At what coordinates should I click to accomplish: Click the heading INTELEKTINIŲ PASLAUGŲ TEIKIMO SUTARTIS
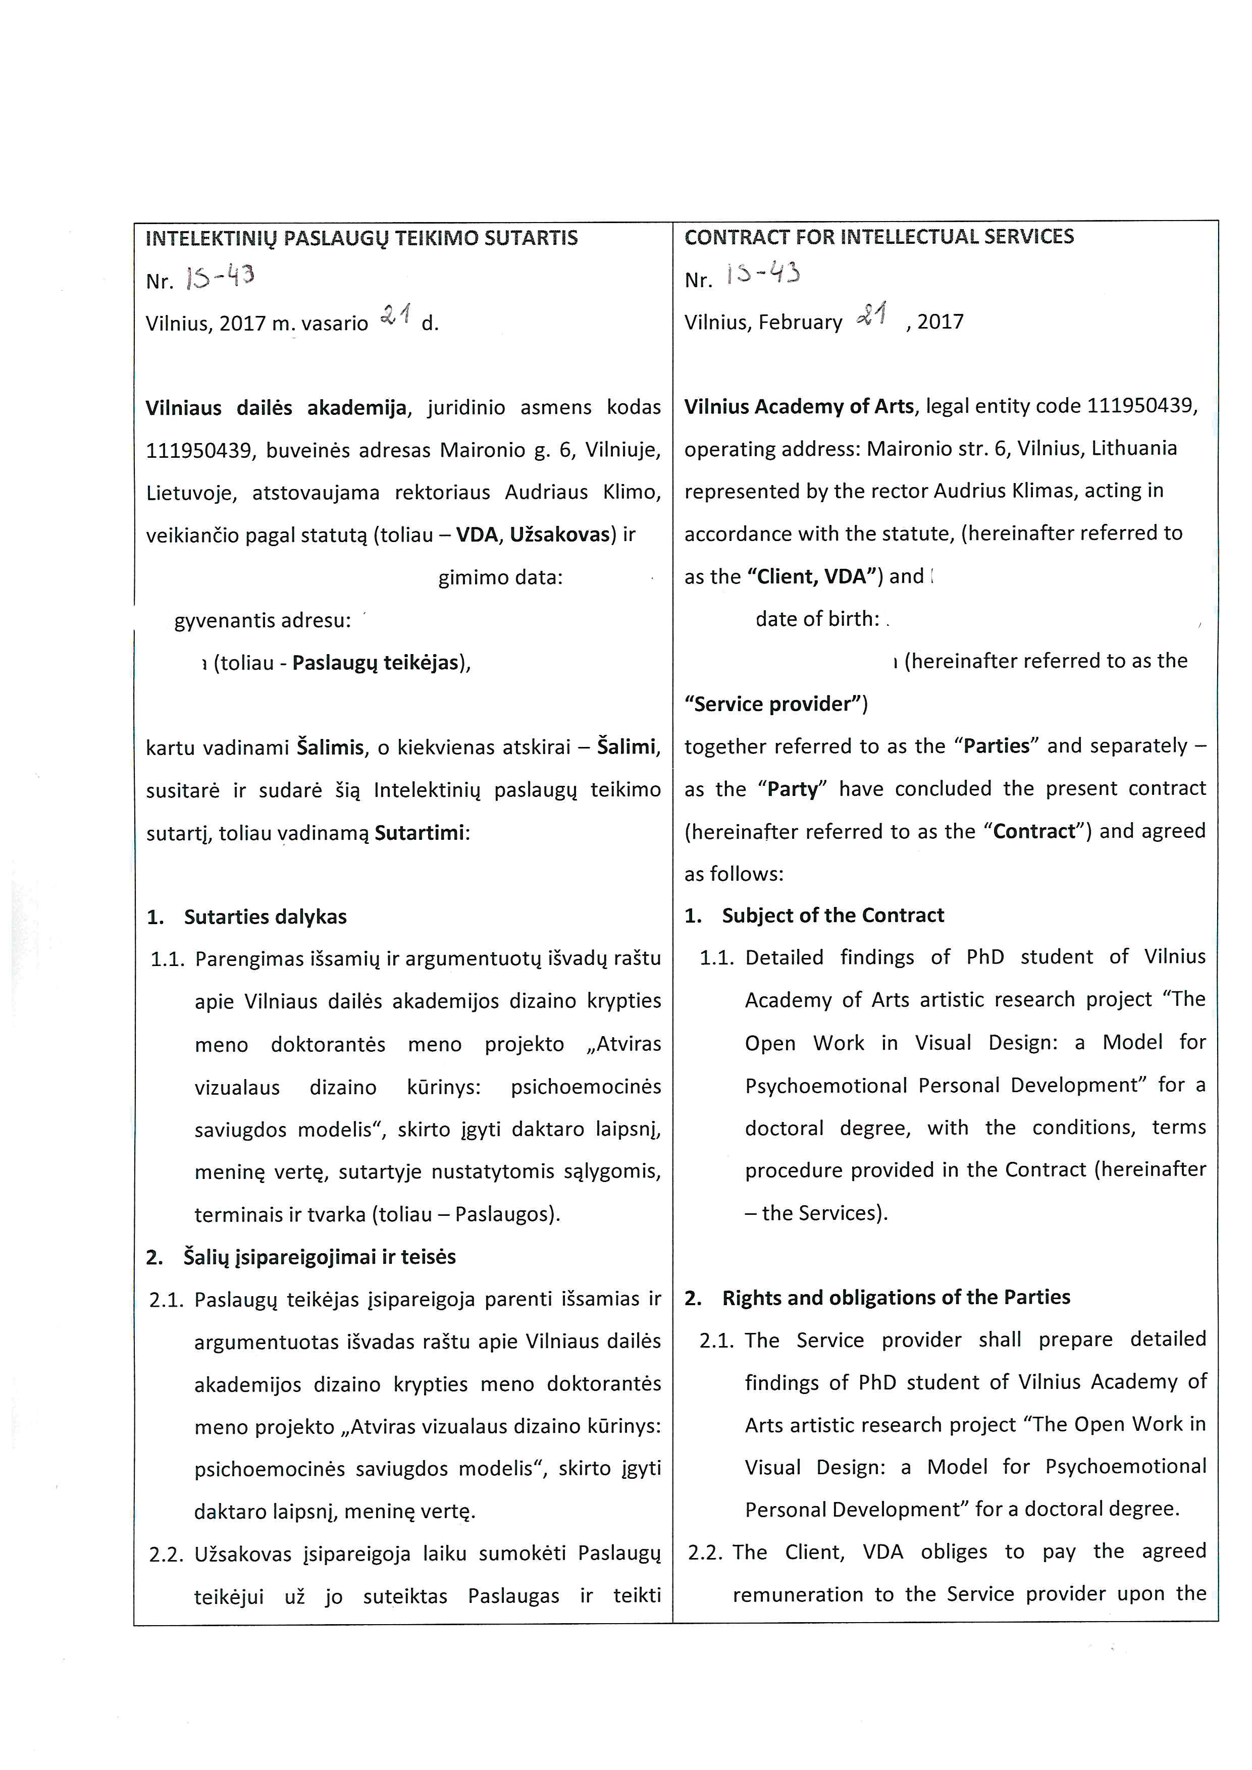(361, 238)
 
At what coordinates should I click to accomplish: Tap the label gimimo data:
(500, 577)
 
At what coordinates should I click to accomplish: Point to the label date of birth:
(817, 619)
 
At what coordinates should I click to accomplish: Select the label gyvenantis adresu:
(262, 621)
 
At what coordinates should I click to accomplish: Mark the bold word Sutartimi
(420, 833)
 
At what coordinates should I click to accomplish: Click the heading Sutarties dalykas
(265, 917)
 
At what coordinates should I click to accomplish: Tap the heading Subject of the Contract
(832, 915)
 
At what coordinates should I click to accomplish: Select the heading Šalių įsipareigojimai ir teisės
(319, 1257)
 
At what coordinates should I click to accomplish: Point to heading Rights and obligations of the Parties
(896, 1298)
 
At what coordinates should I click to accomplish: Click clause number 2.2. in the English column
(705, 1552)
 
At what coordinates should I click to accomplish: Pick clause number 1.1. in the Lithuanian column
(167, 959)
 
